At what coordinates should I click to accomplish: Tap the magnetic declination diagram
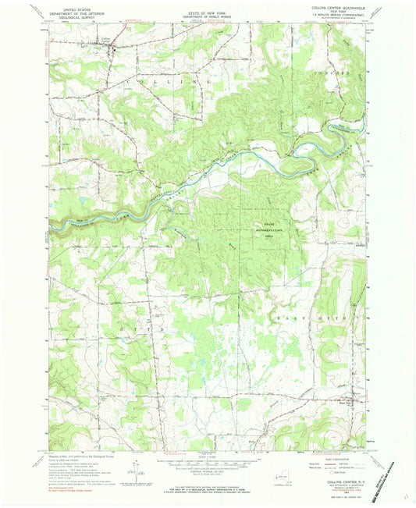(x=137, y=466)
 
